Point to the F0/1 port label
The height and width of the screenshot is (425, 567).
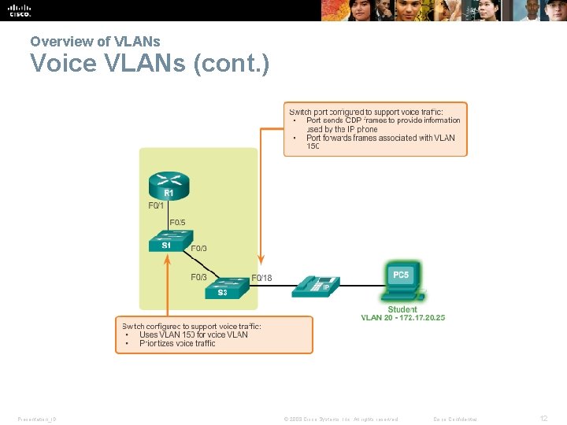(x=157, y=206)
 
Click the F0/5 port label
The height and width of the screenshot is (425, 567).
(x=177, y=223)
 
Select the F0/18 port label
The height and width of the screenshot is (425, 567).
(x=261, y=278)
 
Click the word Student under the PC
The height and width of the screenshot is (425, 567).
(x=402, y=309)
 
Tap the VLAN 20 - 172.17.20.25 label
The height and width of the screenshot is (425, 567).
(x=402, y=318)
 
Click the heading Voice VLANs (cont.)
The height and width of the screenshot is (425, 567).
(x=150, y=63)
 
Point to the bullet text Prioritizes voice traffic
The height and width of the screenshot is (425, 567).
(x=177, y=343)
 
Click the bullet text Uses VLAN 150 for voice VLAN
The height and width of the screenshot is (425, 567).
(x=193, y=334)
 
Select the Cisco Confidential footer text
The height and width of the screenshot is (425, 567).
(x=455, y=419)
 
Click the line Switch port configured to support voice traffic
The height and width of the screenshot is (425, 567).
(x=366, y=112)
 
